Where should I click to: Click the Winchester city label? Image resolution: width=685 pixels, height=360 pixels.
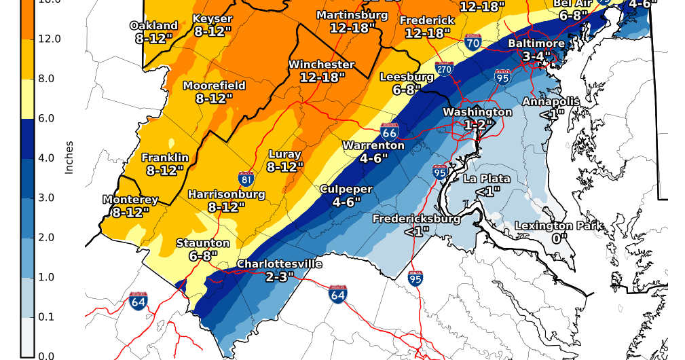(321, 65)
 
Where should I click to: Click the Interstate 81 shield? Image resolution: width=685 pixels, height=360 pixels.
(247, 179)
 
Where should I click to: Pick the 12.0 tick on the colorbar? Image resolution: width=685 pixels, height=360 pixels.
(50, 39)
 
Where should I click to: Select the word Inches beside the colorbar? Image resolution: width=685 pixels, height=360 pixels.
(69, 158)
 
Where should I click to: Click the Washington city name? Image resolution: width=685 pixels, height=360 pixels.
(477, 112)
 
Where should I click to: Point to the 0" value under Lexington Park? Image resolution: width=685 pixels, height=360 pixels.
(559, 238)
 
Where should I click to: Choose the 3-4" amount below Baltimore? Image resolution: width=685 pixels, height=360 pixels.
(536, 56)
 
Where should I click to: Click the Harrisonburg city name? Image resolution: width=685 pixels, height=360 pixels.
(226, 194)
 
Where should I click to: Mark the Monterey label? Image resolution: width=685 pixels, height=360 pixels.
(130, 200)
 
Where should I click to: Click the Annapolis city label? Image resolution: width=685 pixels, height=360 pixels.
(551, 102)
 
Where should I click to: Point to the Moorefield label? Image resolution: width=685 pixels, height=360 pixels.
(214, 86)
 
